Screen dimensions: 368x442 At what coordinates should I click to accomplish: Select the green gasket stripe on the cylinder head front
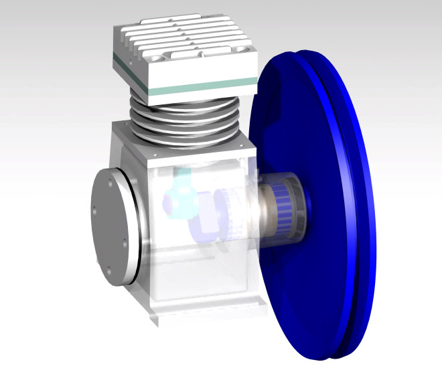201,85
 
